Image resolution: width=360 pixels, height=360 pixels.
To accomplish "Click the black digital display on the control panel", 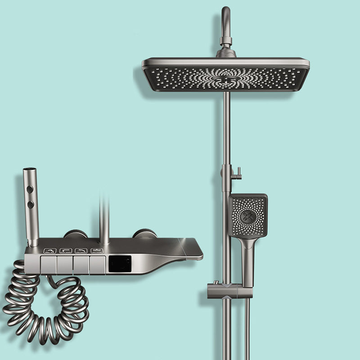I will (120, 264).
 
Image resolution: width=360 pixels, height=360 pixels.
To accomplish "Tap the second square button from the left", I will (65, 265).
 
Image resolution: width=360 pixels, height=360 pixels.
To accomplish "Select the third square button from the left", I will (81, 265).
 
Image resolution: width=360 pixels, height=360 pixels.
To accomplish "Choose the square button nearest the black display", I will (97, 265).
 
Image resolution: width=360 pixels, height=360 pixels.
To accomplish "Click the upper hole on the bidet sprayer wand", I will (31, 190).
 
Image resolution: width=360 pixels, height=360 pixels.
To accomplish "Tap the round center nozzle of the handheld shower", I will (248, 216).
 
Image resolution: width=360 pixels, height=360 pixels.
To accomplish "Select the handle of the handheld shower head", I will (247, 261).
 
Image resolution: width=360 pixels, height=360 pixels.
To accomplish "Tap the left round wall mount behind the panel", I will (75, 234).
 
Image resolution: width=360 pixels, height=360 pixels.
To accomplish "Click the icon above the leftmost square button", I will (49, 251).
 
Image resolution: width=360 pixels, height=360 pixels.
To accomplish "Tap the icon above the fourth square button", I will (96, 251).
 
